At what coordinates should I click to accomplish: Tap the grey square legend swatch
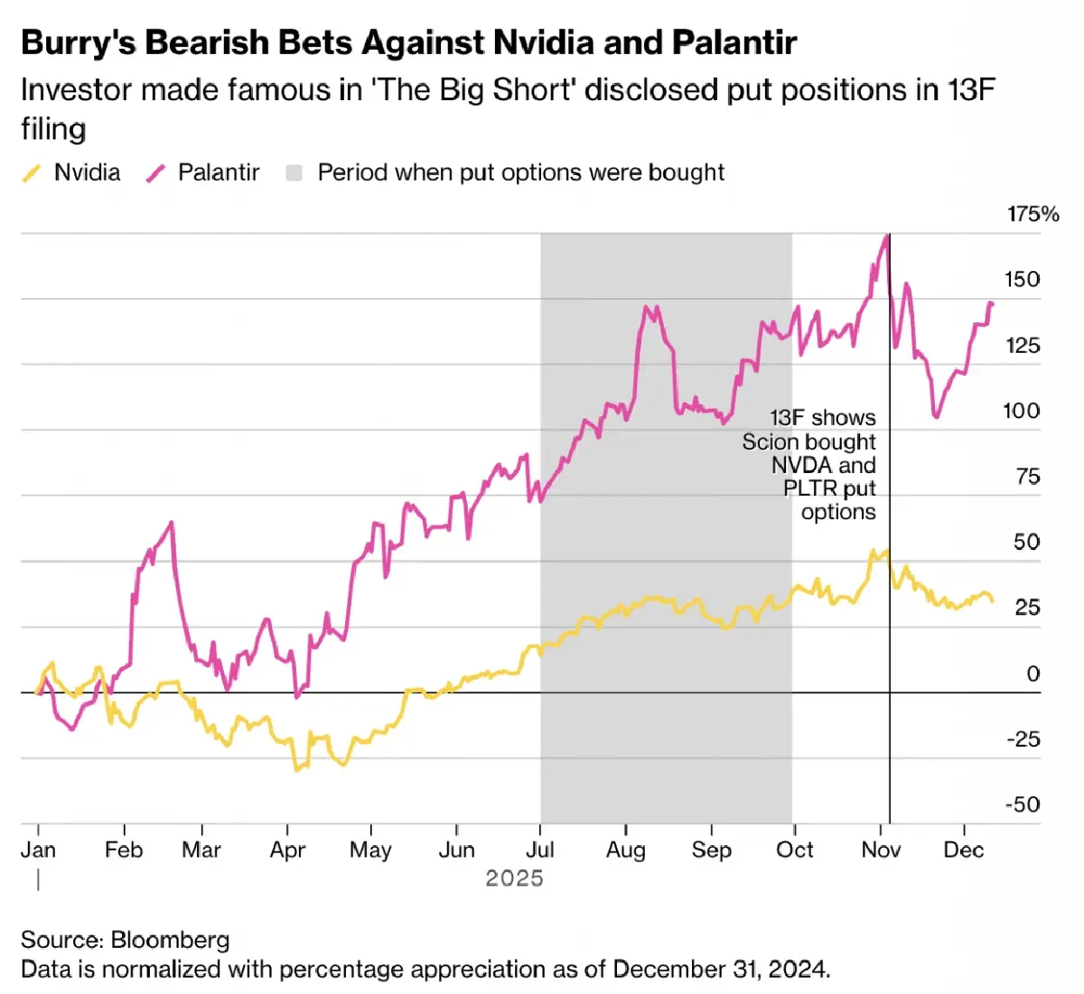click(294, 172)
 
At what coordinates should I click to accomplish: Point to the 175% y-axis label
click(1033, 214)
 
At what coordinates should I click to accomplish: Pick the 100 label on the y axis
click(1022, 411)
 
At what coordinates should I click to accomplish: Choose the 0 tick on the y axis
click(1033, 674)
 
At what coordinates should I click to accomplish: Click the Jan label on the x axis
click(38, 850)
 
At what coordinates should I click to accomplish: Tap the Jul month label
click(540, 850)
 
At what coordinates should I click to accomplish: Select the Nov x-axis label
click(881, 850)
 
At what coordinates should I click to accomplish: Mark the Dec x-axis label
click(964, 850)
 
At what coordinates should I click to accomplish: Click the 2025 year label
click(514, 878)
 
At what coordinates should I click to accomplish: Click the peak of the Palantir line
click(886, 236)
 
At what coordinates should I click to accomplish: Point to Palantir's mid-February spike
click(171, 523)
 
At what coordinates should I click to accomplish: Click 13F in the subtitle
click(971, 90)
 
